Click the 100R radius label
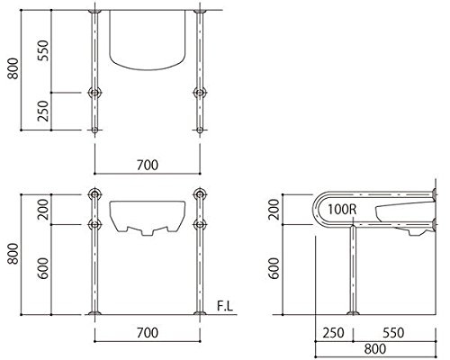click(342, 209)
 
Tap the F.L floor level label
click(225, 306)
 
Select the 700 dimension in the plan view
click(148, 165)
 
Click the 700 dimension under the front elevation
click(148, 333)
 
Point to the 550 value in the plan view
click(43, 50)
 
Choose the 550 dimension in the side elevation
click(393, 333)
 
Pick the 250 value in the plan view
click(43, 111)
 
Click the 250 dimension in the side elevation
click(333, 333)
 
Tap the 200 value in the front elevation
click(43, 209)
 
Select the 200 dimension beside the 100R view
click(274, 209)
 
